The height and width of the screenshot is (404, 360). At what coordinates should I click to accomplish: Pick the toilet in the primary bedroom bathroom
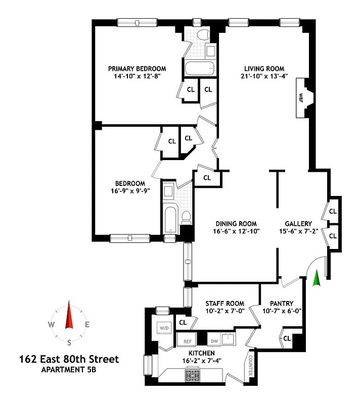[203, 34]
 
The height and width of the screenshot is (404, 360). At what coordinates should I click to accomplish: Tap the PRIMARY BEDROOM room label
[137, 69]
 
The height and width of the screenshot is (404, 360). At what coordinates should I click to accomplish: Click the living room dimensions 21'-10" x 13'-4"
[264, 77]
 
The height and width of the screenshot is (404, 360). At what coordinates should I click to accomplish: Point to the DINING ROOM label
[236, 224]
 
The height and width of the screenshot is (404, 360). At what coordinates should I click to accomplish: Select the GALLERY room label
[298, 224]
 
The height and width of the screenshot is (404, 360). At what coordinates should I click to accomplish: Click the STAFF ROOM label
[225, 304]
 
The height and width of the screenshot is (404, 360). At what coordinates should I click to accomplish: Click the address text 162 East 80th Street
[69, 360]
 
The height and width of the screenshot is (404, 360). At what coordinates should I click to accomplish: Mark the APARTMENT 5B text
[69, 370]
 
